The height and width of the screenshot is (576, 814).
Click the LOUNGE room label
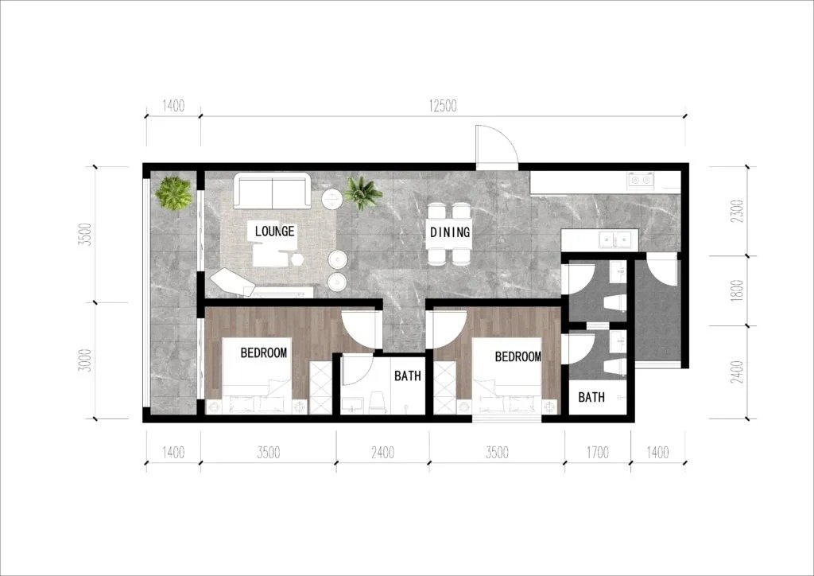pos(274,232)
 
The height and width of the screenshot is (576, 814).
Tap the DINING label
pos(450,232)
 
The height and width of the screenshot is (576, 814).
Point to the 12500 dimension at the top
pos(442,106)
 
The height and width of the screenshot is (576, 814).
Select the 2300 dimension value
pos(737,212)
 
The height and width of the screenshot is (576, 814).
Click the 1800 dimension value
pos(737,291)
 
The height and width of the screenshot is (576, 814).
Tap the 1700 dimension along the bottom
pos(598,453)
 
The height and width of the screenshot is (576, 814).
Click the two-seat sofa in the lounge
pos(272,191)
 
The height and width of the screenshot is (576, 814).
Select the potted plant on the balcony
pos(173,193)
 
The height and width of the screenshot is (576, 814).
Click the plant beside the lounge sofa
pos(362,193)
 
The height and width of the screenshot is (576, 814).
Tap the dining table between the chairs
pos(450,232)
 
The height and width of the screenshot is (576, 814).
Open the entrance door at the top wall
pos(497,148)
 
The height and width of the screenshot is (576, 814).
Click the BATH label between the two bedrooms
pos(408,376)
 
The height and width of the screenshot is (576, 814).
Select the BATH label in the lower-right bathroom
pos(591,397)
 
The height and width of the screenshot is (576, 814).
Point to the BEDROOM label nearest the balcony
pos(264,353)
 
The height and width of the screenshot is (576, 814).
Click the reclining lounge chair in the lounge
pos(231,282)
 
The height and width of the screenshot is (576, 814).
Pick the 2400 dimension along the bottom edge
pos(382,453)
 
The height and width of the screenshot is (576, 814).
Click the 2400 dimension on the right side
pos(737,372)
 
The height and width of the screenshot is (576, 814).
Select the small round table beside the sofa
pos(331,199)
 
